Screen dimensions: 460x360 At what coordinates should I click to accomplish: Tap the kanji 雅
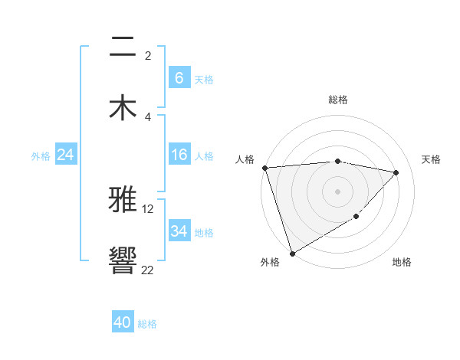123,200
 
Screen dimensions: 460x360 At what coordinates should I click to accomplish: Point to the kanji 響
123,260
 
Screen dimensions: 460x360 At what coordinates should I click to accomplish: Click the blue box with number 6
179,77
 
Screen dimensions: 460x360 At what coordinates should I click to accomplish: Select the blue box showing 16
179,155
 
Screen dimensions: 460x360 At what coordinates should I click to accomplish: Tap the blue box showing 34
179,231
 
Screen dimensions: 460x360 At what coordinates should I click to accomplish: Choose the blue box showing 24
65,155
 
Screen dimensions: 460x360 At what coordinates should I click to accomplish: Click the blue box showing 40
122,322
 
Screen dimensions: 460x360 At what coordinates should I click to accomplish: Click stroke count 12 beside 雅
148,208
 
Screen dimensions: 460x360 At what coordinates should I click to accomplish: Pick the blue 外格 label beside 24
41,155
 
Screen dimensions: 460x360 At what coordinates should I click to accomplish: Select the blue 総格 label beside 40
147,324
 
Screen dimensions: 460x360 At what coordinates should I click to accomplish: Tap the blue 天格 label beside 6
203,79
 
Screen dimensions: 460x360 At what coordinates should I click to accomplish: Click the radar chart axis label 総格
337,100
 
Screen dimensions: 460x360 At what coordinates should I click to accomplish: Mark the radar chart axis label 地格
402,262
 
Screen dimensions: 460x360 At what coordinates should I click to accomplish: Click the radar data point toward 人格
264,168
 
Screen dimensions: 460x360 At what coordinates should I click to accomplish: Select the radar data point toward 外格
292,253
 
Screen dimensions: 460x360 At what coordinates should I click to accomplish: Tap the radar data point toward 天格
396,172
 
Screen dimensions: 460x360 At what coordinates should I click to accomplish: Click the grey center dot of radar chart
337,191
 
